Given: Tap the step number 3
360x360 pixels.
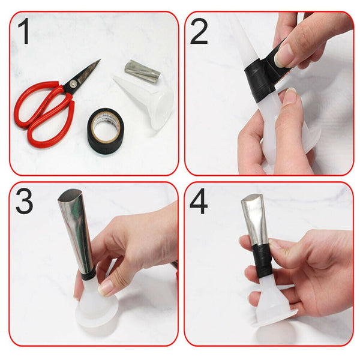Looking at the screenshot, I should [x=24, y=203].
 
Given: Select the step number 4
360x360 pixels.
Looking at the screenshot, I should [x=199, y=203].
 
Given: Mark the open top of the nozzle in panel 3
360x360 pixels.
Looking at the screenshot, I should [x=71, y=196].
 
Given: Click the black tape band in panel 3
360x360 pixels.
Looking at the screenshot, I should [x=88, y=275].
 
